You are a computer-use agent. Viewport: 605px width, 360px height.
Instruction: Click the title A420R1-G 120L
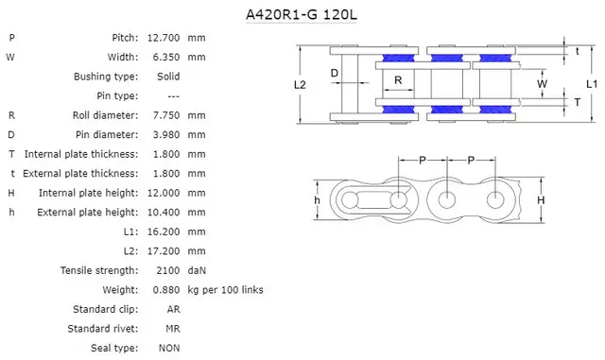302,15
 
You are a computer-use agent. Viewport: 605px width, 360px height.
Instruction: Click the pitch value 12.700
164,37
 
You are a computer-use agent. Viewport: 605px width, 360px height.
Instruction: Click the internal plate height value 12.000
164,192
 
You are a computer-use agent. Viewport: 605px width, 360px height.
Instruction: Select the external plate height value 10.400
164,212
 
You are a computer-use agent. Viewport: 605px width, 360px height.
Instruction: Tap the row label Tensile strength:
99,270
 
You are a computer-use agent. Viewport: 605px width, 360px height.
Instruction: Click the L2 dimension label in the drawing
300,84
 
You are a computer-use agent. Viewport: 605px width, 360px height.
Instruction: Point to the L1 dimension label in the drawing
591,84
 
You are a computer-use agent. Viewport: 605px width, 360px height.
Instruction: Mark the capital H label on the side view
541,200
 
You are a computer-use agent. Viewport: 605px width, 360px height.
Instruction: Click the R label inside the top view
399,80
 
